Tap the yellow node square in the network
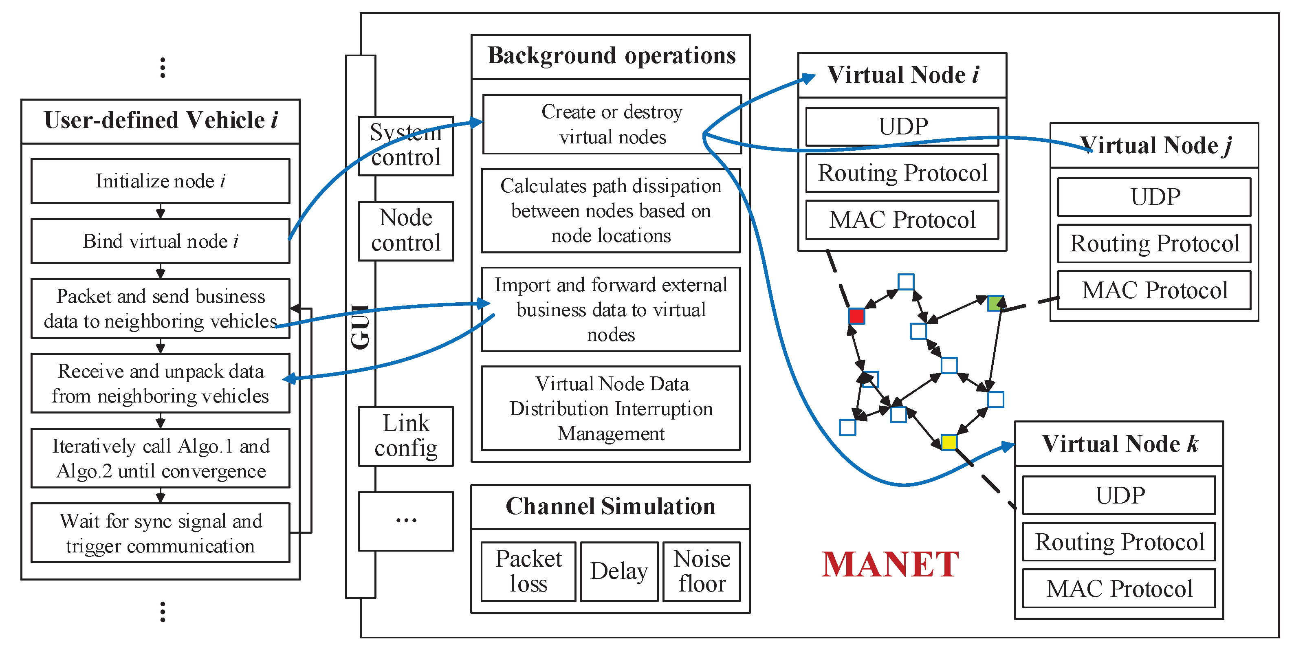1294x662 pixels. tap(948, 442)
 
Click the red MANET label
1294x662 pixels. tap(890, 565)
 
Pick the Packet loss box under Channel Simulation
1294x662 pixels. tap(528, 572)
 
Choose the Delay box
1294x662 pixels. tap(619, 572)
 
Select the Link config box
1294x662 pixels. tap(405, 436)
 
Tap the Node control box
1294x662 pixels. tap(405, 231)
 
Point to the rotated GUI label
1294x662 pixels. tap(360, 326)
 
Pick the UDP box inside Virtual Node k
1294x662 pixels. tap(1119, 495)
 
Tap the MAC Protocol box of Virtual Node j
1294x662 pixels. tap(1154, 290)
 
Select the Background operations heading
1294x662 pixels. tap(611, 56)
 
